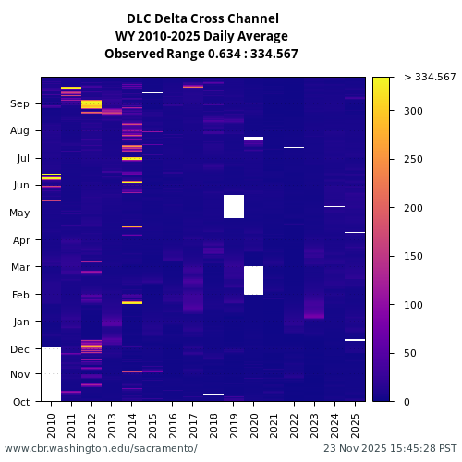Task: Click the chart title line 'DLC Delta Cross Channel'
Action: (x=201, y=18)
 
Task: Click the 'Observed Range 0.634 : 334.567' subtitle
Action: (x=201, y=54)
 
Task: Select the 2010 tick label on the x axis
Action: (x=51, y=423)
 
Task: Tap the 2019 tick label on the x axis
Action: (x=233, y=423)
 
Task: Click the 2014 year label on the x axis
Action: (x=132, y=423)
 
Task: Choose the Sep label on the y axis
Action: (x=20, y=104)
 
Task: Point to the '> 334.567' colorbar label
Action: (x=430, y=77)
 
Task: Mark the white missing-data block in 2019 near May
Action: (x=233, y=206)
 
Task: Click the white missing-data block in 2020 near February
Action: (x=253, y=280)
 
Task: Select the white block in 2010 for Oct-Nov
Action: (x=51, y=374)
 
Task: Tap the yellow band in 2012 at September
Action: (x=91, y=104)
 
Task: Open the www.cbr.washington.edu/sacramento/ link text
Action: (x=101, y=448)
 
